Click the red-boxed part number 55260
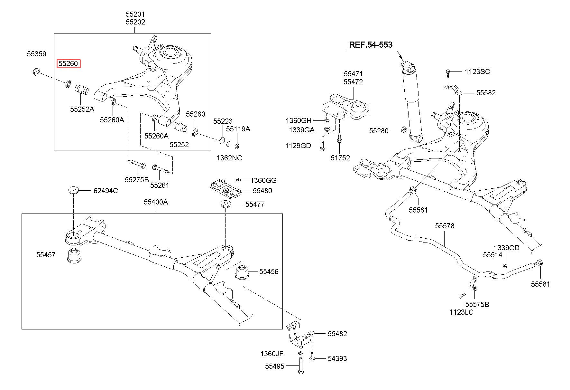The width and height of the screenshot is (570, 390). coord(68,64)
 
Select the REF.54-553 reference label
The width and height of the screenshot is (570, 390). coord(371,45)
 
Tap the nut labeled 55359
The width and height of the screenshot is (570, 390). coord(36,72)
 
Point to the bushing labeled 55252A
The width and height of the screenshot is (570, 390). coord(82,90)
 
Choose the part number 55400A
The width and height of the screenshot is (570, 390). coord(156,202)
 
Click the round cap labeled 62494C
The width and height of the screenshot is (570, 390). coord(74,190)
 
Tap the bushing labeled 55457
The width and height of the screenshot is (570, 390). coord(74,255)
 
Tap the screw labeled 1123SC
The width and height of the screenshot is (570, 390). coord(448,73)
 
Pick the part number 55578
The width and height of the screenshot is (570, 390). coord(445,226)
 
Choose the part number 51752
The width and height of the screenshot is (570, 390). coord(340,158)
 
